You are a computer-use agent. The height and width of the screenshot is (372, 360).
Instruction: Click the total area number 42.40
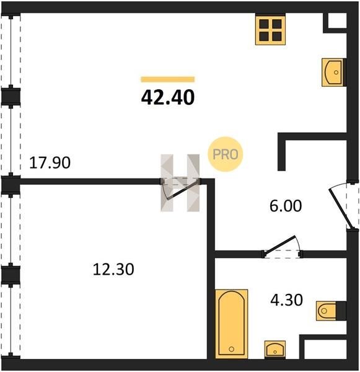pyautogui.click(x=168, y=97)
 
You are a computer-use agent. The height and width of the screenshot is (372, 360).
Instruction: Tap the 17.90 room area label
pyautogui.click(x=50, y=163)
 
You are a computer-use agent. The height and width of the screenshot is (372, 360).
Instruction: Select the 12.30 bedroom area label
pyautogui.click(x=113, y=270)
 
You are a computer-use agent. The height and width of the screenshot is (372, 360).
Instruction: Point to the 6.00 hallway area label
pyautogui.click(x=286, y=206)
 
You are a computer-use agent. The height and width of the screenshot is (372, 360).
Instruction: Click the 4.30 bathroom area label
pyautogui.click(x=286, y=300)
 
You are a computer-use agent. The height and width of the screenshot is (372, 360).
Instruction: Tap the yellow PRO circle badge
pyautogui.click(x=226, y=154)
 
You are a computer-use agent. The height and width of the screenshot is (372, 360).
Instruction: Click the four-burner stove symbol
pyautogui.click(x=270, y=30)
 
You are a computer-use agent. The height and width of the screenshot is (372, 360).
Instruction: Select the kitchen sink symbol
pyautogui.click(x=333, y=72)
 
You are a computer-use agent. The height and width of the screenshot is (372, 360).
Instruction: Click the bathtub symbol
pyautogui.click(x=232, y=324)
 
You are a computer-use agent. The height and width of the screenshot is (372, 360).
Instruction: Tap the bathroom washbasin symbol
pyautogui.click(x=275, y=350)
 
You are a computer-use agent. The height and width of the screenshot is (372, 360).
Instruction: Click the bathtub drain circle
pyautogui.click(x=232, y=349)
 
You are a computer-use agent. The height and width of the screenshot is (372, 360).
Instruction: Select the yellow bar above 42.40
pyautogui.click(x=168, y=79)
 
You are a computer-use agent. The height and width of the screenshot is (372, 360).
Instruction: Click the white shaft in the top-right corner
pyautogui.click(x=337, y=20)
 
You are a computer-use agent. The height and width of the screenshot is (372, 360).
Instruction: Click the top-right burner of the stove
pyautogui.click(x=277, y=24)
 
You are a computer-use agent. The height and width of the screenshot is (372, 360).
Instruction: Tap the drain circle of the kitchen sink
pyautogui.click(x=336, y=73)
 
